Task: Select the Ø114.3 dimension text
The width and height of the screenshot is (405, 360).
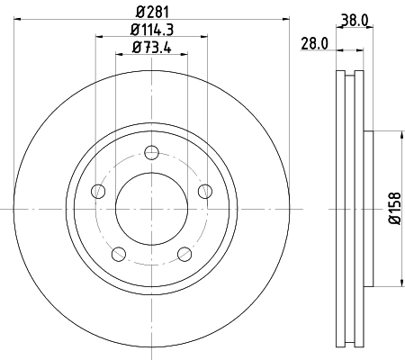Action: click(150, 31)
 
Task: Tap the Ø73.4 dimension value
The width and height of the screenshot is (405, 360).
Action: click(150, 49)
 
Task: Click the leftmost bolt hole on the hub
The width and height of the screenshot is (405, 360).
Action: click(97, 190)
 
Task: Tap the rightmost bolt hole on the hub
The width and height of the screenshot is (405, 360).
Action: click(204, 190)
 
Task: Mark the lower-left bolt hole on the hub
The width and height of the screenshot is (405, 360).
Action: click(117, 253)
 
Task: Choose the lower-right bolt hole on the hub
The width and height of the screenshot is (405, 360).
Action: click(184, 253)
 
